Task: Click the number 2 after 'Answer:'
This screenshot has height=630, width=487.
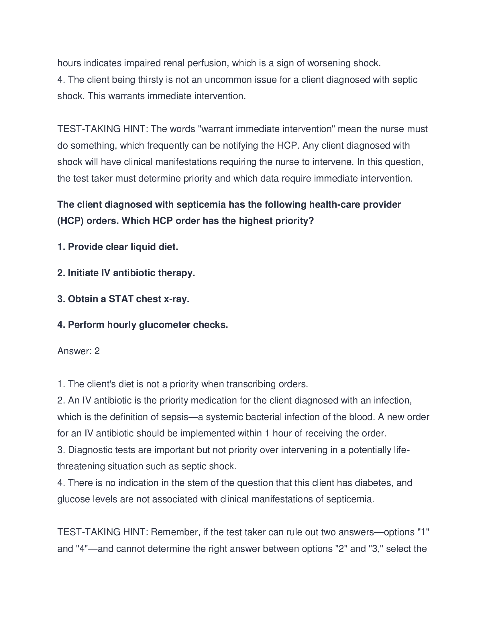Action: point(97,351)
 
